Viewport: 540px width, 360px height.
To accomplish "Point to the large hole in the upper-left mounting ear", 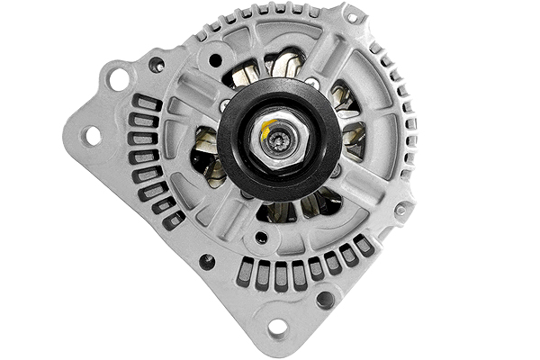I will click(118, 79).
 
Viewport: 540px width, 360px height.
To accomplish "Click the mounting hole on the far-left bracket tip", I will click(91, 135).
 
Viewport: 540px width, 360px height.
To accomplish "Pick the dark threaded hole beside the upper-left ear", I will click(156, 65).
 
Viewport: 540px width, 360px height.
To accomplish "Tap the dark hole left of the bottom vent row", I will click(207, 262).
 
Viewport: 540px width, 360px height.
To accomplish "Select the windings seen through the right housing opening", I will click(353, 135).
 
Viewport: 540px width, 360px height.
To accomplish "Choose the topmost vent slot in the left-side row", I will click(148, 103).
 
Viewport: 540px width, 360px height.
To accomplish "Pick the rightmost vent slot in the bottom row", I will click(364, 245).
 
